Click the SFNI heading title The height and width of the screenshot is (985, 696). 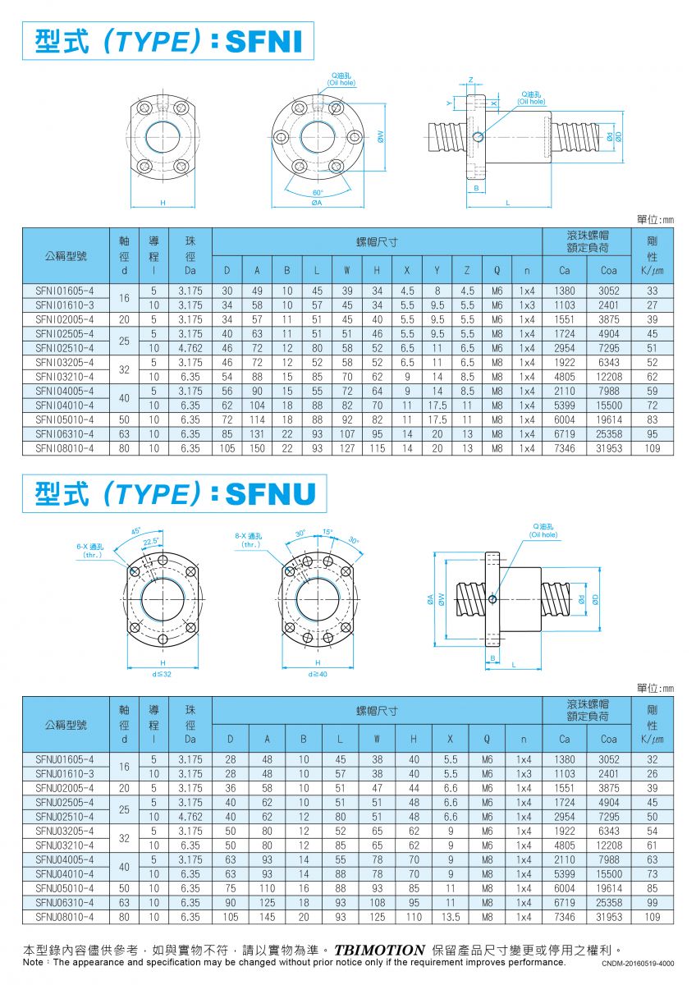pyautogui.click(x=168, y=40)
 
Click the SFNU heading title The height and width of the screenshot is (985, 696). pyautogui.click(x=175, y=493)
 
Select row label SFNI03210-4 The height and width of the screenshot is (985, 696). pyautogui.click(x=65, y=377)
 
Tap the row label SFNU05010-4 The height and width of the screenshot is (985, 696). pyautogui.click(x=65, y=888)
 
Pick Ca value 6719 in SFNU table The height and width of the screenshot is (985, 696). pyautogui.click(x=565, y=902)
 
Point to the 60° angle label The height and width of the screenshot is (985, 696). pyautogui.click(x=318, y=193)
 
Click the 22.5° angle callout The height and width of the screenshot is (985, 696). pyautogui.click(x=150, y=540)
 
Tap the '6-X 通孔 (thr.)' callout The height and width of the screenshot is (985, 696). pyautogui.click(x=89, y=550)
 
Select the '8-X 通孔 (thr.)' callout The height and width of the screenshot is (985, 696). pyautogui.click(x=249, y=539)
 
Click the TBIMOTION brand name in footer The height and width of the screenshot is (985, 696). pyautogui.click(x=379, y=951)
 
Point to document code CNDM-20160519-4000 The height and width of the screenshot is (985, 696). pyautogui.click(x=638, y=963)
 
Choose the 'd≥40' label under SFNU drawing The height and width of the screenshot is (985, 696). pyautogui.click(x=317, y=674)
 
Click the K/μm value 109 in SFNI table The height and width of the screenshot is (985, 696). pyautogui.click(x=652, y=448)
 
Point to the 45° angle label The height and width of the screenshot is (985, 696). pyautogui.click(x=136, y=530)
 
